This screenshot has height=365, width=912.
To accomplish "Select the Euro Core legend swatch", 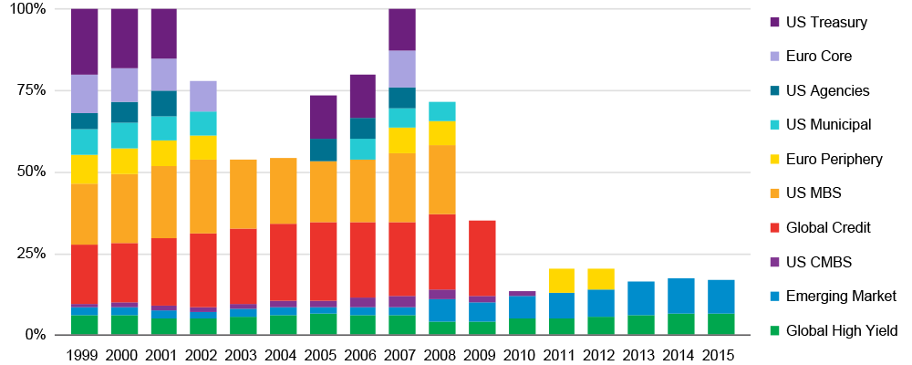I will (774, 57).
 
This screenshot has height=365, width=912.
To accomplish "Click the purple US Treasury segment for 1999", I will (84, 41).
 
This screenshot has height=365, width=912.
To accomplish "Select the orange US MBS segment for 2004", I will (283, 191).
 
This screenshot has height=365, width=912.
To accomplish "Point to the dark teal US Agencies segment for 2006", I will (363, 128).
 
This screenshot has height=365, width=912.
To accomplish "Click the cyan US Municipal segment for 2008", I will (443, 111).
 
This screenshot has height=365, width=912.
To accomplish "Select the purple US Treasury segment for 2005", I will (323, 117).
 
